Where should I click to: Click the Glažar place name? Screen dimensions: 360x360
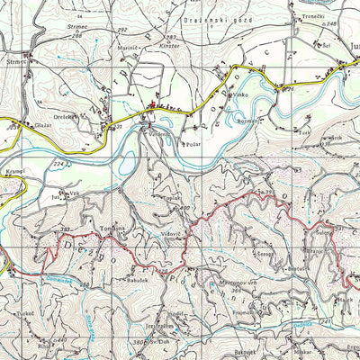pyautogui.click(x=42, y=126)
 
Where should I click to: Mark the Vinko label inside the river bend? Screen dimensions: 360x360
pyautogui.click(x=238, y=94)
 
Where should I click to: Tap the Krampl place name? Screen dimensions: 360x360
pyautogui.click(x=22, y=168)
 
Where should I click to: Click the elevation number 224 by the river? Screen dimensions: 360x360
pyautogui.click(x=59, y=163)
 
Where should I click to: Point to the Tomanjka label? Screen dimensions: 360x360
pyautogui.click(x=112, y=229)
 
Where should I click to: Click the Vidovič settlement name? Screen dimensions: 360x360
pyautogui.click(x=171, y=234)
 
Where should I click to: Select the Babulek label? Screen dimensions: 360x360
pyautogui.click(x=137, y=279)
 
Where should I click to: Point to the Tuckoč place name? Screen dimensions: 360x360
pyautogui.click(x=24, y=313)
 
